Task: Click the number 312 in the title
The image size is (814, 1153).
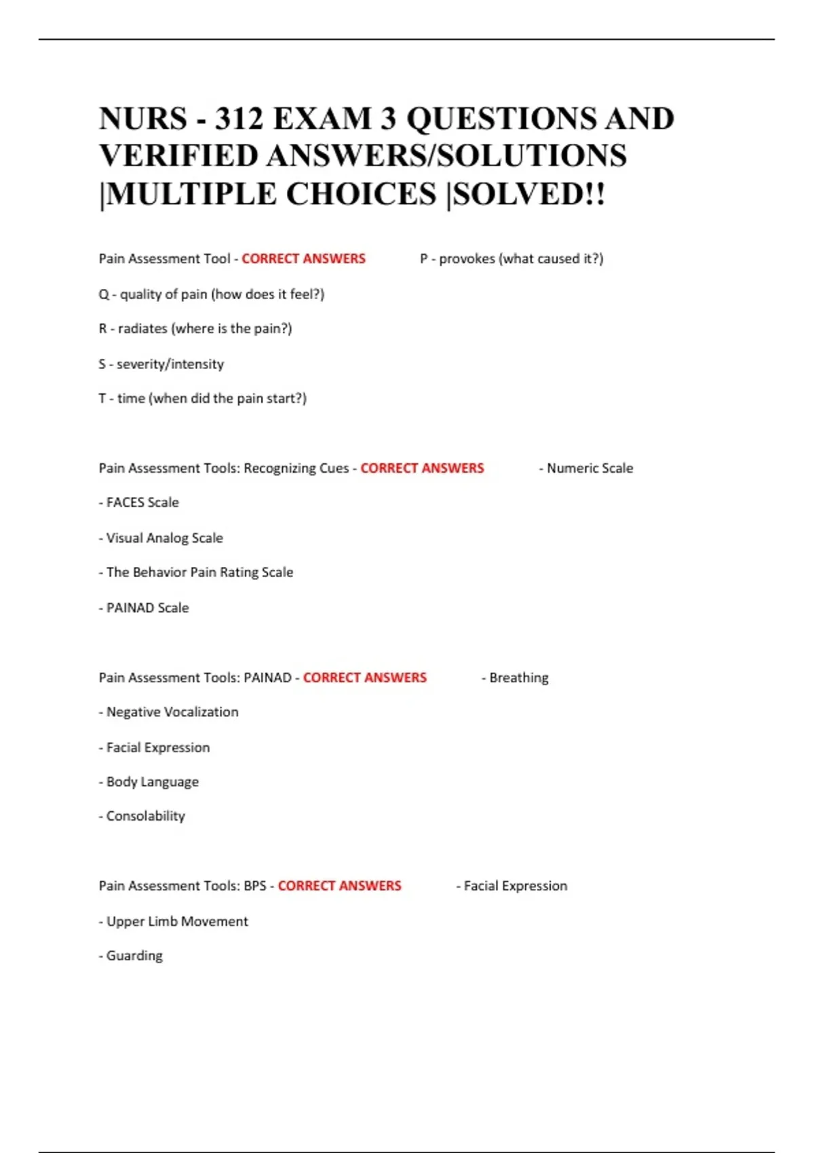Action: coord(239,119)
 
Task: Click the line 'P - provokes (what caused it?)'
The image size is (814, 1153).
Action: coord(511,258)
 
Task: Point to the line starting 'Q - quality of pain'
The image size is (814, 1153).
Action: coord(212,294)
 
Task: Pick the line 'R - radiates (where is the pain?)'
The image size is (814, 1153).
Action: coord(195,329)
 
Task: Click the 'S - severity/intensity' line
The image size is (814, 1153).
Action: coord(161,364)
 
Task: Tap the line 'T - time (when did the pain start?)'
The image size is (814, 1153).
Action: coord(203,399)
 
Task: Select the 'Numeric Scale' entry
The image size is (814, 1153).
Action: coord(589,468)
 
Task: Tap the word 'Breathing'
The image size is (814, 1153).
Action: coord(518,678)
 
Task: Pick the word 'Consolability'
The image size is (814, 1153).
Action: coord(145,816)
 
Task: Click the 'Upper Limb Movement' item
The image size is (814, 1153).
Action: coord(176,921)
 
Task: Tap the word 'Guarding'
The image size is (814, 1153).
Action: coord(134,956)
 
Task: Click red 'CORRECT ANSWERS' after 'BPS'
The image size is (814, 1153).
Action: coord(339,886)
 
